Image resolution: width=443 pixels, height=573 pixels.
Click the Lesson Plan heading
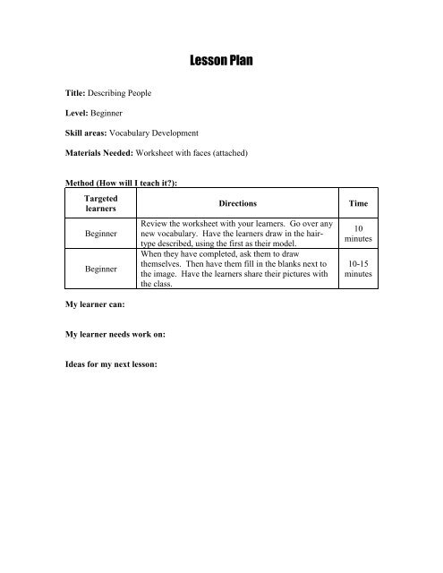(221, 62)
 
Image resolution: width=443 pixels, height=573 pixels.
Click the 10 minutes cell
(357, 236)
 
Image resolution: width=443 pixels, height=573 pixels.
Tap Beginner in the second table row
(92, 267)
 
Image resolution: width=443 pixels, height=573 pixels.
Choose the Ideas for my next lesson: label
(118, 366)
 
